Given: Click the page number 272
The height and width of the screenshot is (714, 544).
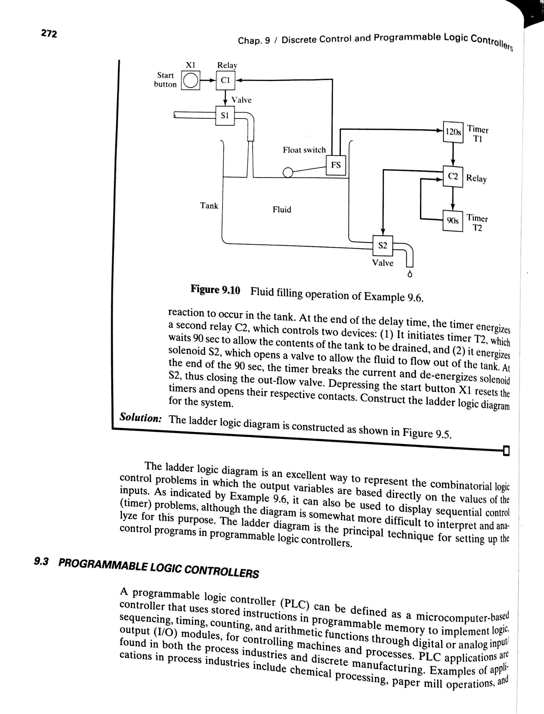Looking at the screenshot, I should pos(49,33).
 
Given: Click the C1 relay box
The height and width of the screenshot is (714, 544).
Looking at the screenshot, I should pos(225,80).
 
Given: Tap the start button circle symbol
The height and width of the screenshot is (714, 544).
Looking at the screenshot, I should pos(191,80).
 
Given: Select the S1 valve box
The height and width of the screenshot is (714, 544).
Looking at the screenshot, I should pos(225,115).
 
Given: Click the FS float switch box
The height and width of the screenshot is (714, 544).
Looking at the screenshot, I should pos(335,165).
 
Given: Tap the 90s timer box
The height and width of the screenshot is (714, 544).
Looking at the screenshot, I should pos(452,221).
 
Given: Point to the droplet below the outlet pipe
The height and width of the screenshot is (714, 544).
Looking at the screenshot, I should pos(410,274).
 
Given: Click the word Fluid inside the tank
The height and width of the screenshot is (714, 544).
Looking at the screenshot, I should pos(282,209).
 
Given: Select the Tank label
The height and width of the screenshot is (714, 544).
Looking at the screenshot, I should pos(209,206).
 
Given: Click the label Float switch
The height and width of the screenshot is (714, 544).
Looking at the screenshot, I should pos(304,150).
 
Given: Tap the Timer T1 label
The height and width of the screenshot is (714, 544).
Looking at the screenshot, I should pos(477,134).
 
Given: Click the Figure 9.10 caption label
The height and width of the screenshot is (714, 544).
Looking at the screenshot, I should pos(215,289).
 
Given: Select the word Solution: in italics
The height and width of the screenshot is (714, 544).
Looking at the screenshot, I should pos(141,418).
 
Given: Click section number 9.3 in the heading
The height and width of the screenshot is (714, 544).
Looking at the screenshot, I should pos(41,561).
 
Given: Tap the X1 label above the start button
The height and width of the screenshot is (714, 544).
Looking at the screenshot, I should pos(190,65).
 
